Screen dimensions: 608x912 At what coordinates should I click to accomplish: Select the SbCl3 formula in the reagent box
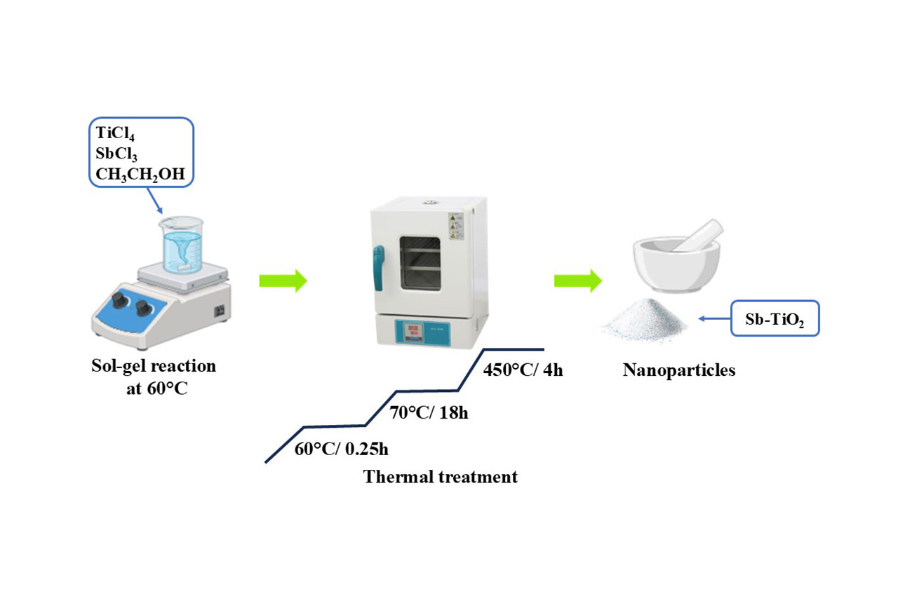point(116,154)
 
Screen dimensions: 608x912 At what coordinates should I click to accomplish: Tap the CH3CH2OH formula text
point(140,174)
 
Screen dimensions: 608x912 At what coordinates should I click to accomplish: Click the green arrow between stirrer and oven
point(283,281)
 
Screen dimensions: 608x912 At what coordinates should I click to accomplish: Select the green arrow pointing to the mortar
point(577,281)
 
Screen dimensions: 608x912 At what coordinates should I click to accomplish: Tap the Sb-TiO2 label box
point(774,319)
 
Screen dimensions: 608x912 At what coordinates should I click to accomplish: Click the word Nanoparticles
point(679,370)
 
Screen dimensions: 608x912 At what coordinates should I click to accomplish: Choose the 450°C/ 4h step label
point(523,370)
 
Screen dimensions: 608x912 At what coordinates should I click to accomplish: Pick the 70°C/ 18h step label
point(429,412)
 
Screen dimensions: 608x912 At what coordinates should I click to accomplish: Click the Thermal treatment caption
point(440,478)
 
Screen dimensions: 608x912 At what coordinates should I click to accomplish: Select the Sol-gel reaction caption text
point(154,366)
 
